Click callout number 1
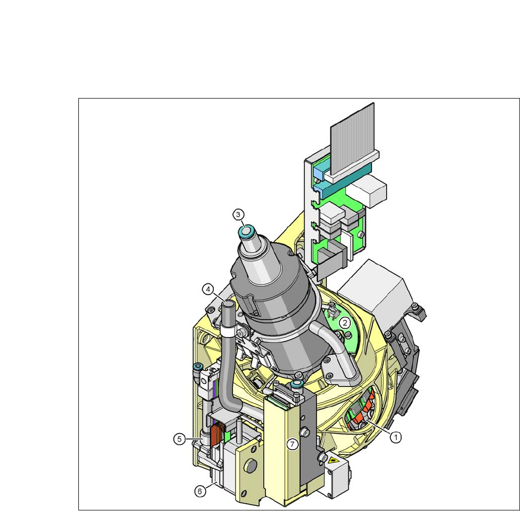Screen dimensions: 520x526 [396, 437]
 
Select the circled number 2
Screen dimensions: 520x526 [345, 323]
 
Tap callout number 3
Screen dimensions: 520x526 [238, 215]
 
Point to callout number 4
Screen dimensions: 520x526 [208, 289]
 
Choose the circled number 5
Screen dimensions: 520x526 [179, 439]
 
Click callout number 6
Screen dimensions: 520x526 [200, 491]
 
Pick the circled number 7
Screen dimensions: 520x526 [292, 444]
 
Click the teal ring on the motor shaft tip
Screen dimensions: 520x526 [246, 231]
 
